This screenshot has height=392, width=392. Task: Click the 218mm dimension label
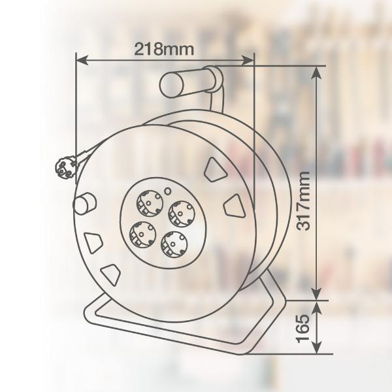(164, 49)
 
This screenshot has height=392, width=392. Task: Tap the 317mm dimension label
(303, 201)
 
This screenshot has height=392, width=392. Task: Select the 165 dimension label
(302, 328)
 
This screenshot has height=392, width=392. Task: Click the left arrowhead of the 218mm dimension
(82, 60)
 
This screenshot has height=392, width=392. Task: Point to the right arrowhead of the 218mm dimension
(248, 60)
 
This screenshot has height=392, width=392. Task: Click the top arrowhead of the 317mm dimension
(317, 73)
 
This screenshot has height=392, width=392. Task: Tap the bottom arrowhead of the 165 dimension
(317, 347)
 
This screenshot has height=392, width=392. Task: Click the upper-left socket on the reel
(150, 203)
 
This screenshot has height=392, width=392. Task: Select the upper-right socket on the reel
(182, 213)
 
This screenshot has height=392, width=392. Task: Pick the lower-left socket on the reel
(142, 235)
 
